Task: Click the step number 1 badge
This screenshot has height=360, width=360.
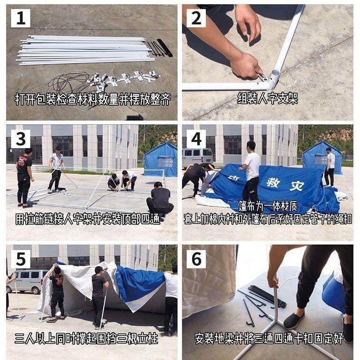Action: click(21, 18)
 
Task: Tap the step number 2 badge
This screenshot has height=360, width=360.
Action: click(196, 18)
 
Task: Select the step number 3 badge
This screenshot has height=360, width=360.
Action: click(21, 139)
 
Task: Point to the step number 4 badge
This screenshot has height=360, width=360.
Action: click(196, 139)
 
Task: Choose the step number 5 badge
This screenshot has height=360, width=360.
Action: click(21, 259)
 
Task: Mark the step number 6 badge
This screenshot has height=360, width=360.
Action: click(196, 259)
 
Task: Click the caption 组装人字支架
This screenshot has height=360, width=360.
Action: click(267, 98)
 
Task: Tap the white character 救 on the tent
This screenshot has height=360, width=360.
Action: click(274, 183)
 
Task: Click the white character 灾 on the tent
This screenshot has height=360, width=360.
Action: click(297, 186)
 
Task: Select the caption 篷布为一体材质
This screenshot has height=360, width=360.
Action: click(268, 206)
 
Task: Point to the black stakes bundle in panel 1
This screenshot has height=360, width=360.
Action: click(160, 48)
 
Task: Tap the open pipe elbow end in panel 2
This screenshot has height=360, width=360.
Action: click(275, 74)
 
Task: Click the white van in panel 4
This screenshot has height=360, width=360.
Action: click(197, 157)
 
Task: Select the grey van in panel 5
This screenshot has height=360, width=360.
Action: click(27, 281)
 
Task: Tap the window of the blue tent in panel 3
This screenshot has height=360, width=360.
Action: click(166, 162)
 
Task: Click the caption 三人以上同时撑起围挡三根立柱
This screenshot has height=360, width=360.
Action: click(86, 338)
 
